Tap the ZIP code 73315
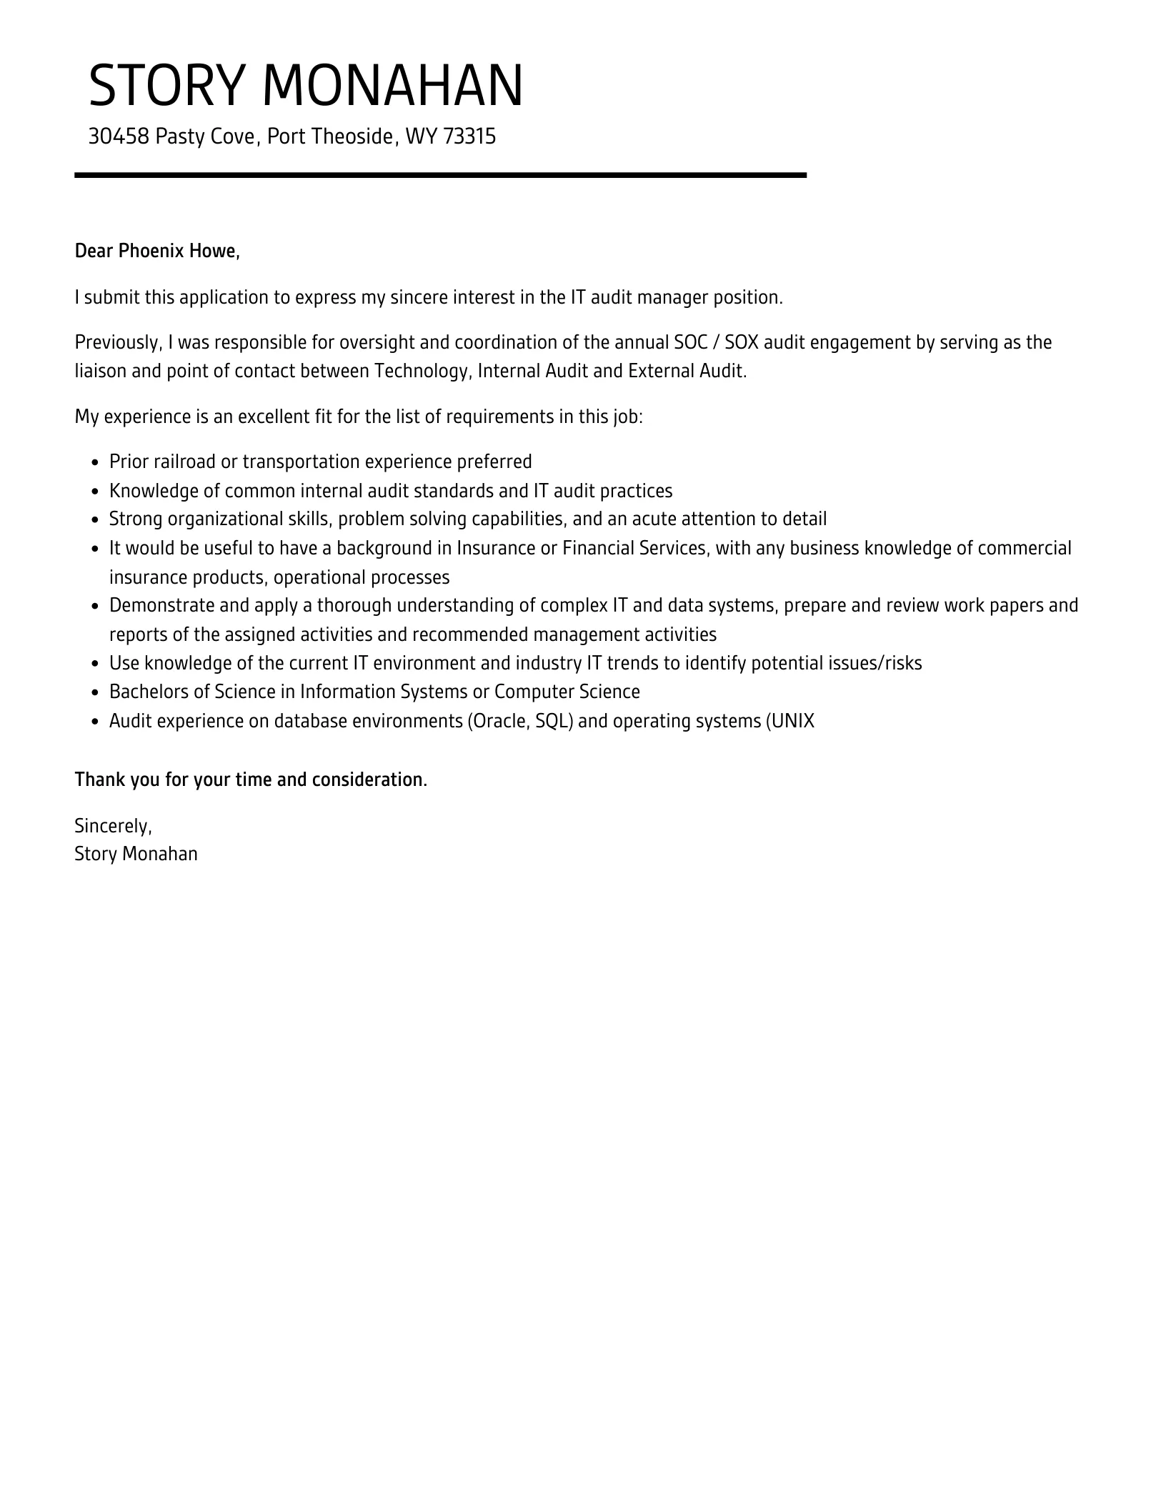(x=469, y=136)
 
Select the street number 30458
(x=118, y=136)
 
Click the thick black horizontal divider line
(x=440, y=175)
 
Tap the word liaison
(x=100, y=372)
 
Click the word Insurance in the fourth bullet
(x=493, y=548)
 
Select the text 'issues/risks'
(x=875, y=664)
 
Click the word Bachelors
(x=148, y=692)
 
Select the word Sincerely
(x=113, y=826)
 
